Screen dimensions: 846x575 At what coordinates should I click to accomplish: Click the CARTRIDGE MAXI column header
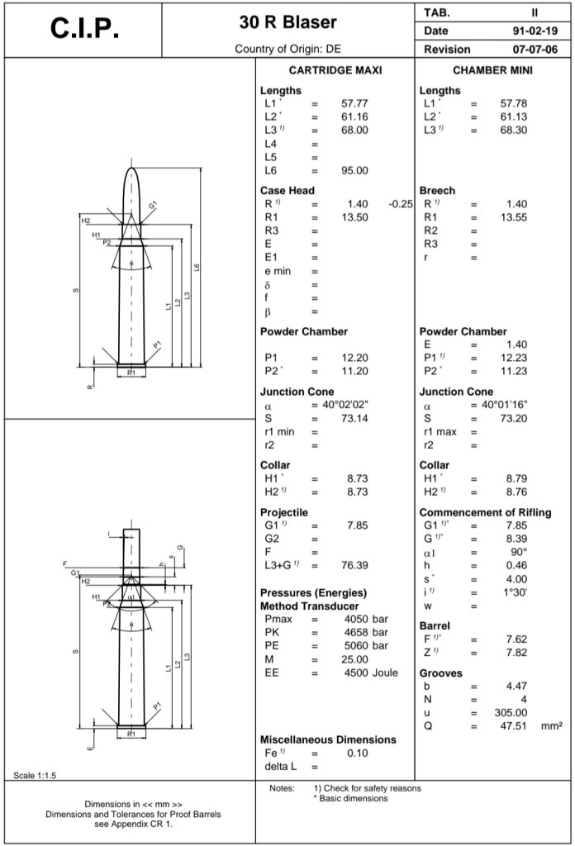[335, 70]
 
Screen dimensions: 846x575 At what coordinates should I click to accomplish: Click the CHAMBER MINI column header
[493, 70]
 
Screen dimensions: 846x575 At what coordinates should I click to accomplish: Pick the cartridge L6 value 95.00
[354, 170]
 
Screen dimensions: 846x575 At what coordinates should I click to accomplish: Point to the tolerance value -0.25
[400, 203]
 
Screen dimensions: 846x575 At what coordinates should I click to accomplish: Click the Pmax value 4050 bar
[366, 619]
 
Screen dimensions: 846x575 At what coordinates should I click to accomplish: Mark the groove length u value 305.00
[510, 712]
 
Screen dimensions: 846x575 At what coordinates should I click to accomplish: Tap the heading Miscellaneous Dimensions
[328, 739]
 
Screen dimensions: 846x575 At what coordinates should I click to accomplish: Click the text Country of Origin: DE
[287, 49]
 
